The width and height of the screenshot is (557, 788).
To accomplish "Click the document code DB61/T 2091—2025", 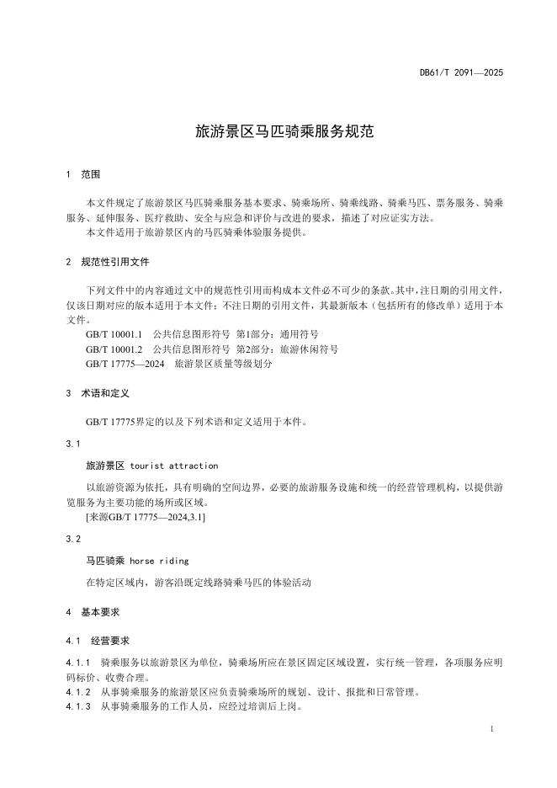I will pos(461,73).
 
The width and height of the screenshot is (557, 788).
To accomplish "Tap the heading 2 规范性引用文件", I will pos(107,262).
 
